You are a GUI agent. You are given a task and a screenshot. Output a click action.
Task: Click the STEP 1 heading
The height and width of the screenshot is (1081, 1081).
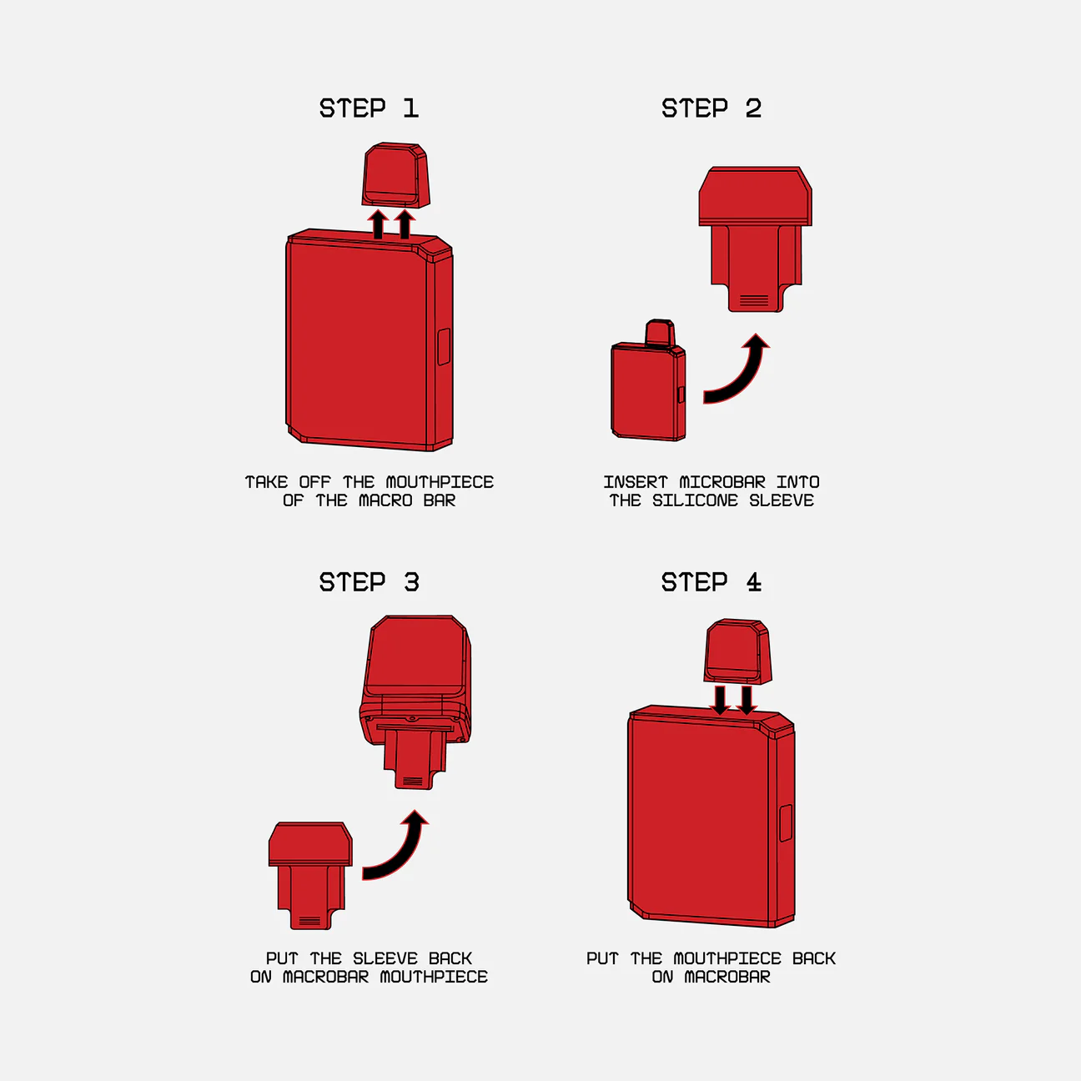(369, 108)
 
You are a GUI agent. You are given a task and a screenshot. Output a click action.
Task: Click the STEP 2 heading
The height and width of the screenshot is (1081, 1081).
(711, 108)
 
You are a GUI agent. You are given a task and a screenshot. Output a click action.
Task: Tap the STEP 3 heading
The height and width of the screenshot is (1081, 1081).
(370, 582)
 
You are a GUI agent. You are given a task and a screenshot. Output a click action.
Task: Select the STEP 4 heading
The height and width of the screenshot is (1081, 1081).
(711, 582)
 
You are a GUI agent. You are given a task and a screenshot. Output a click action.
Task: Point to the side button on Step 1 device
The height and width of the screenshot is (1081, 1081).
(444, 347)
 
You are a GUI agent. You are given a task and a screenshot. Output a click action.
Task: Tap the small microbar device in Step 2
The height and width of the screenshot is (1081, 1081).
(648, 381)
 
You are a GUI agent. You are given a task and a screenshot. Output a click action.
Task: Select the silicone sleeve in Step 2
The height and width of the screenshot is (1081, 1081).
(755, 239)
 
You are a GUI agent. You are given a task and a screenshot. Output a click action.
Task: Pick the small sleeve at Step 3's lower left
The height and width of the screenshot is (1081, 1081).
(310, 875)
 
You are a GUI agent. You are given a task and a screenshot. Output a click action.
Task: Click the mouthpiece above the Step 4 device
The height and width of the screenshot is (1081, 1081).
(737, 651)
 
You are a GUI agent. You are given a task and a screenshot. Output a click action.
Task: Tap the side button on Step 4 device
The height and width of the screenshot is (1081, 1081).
(786, 823)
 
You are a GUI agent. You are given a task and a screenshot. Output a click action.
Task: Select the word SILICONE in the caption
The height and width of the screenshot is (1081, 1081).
(695, 500)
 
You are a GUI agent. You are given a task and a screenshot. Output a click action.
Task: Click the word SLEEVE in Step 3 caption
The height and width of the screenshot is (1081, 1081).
(385, 958)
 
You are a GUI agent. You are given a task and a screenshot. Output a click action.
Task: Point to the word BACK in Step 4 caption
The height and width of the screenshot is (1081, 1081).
(813, 958)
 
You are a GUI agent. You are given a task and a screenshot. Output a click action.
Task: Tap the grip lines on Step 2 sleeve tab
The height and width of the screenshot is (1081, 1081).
(754, 300)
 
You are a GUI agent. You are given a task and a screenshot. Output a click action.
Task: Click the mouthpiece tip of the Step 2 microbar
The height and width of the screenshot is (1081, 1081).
(660, 333)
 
